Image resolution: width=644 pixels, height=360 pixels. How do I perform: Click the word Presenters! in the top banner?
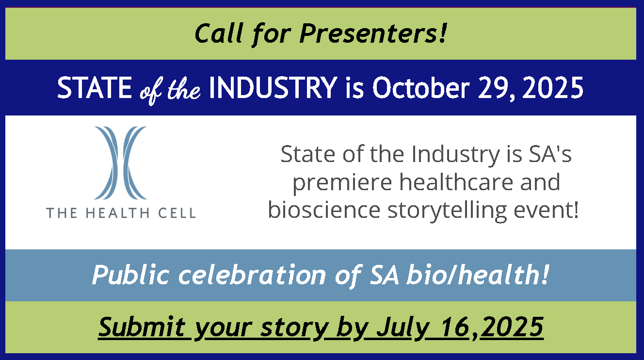[x=373, y=33]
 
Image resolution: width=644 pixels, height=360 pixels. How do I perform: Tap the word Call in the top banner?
[x=219, y=33]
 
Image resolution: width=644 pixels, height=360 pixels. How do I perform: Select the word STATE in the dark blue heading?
[x=95, y=88]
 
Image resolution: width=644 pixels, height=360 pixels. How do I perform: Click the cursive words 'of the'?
[x=170, y=90]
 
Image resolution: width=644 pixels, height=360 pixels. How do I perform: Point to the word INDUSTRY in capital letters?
[x=273, y=88]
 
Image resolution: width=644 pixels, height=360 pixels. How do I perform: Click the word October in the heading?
[x=421, y=87]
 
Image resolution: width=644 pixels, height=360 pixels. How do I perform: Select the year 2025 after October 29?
[x=552, y=88]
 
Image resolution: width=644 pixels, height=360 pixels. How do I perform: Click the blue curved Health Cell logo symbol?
[x=120, y=163]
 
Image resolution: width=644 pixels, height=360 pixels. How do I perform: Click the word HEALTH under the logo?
[x=117, y=213]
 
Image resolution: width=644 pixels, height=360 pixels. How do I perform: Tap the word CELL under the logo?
[x=177, y=213]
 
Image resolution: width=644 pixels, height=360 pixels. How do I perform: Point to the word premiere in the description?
[x=342, y=183]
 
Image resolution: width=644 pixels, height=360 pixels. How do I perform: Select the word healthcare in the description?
[x=456, y=182]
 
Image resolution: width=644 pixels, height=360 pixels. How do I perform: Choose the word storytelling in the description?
[x=447, y=211]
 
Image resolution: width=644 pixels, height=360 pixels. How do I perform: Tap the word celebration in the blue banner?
[x=252, y=275]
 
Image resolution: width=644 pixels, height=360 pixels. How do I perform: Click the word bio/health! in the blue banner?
[x=478, y=275]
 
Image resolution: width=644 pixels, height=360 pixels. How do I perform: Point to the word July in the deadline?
[x=403, y=328]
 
